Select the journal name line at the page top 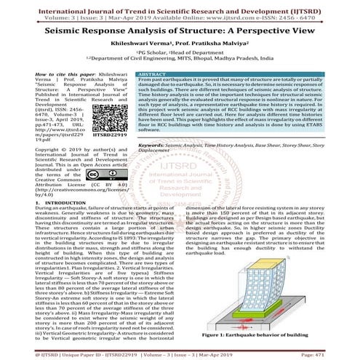pyautogui.click(x=180, y=5)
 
